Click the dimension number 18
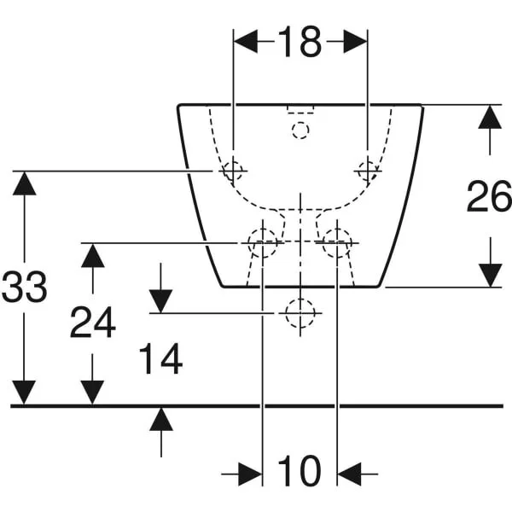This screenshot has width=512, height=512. pos(300,42)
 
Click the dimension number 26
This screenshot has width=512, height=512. pos(489,196)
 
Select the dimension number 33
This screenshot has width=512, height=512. pos(24,287)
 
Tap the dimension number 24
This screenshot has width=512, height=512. pos(93,323)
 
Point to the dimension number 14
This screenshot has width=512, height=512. pos(160,358)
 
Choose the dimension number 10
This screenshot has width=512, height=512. pos(300,470)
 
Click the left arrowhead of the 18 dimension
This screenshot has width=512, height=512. pos(246,42)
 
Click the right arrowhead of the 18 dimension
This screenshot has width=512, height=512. pos(355,42)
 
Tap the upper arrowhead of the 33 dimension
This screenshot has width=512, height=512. pos(24,183)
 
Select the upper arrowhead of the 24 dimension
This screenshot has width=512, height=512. pos(93,256)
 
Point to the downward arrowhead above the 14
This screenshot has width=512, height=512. pos(160,301)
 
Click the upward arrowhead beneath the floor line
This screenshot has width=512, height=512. pos(161,419)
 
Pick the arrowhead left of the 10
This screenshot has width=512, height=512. pos(250,474)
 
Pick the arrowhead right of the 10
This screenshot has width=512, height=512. pos(349,474)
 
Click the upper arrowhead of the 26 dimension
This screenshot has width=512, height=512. pos(490,117)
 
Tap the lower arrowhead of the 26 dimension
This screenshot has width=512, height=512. pos(491,276)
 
